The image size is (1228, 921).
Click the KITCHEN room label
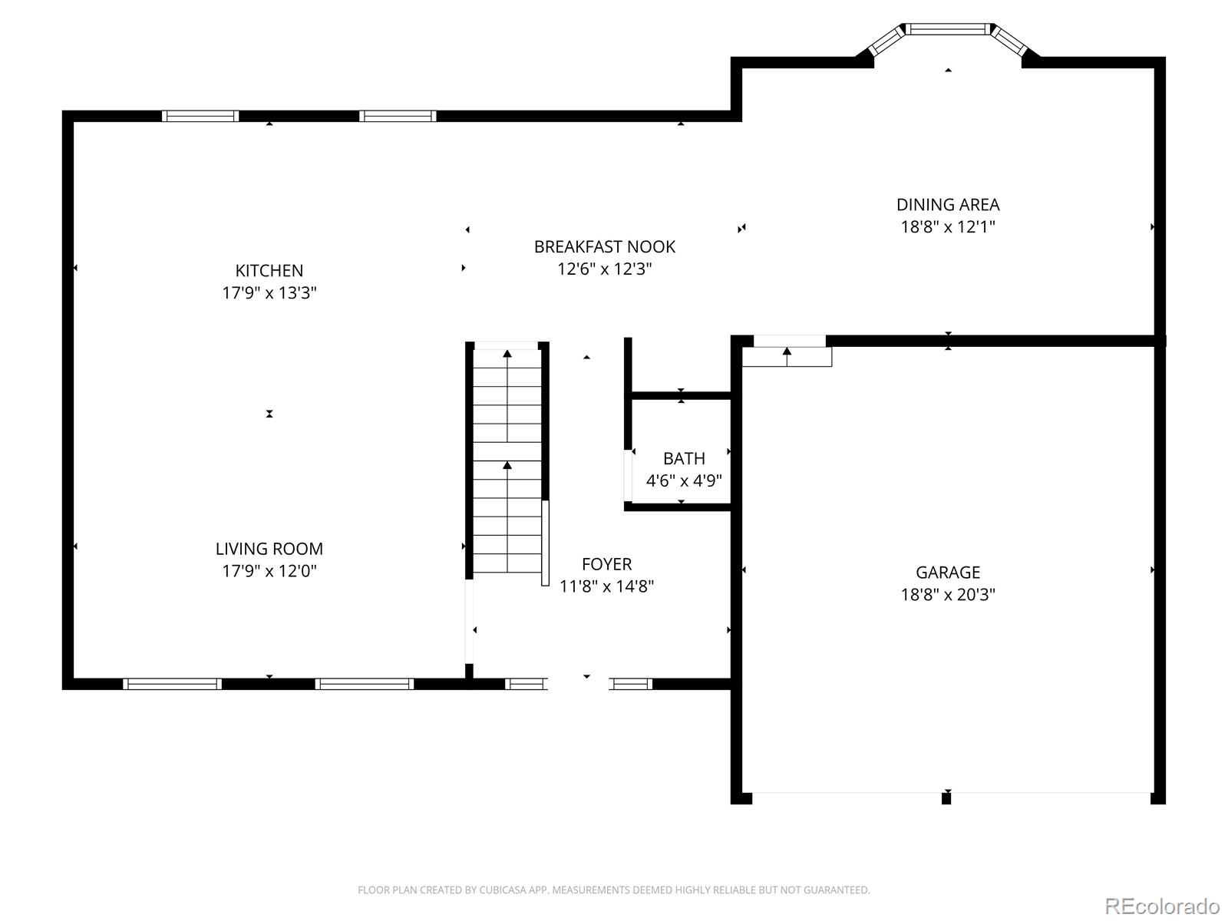269,271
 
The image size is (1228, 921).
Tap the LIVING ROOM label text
269,549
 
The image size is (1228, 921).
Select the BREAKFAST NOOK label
604,246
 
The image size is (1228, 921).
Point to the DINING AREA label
948,205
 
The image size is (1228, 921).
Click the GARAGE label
948,572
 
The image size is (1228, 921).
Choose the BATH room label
684,458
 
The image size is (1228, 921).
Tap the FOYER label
606,563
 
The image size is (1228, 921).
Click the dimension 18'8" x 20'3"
948,594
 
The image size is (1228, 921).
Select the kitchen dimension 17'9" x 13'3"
269,292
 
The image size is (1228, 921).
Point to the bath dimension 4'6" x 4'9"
684,480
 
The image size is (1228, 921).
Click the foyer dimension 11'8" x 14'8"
606,586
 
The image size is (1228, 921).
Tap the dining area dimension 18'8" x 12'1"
948,226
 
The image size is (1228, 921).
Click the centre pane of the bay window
948,29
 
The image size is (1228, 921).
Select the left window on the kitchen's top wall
200,116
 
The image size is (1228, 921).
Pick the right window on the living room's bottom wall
365,684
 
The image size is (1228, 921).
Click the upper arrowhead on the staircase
507,353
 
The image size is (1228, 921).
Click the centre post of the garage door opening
946,798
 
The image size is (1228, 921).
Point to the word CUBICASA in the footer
502,890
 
